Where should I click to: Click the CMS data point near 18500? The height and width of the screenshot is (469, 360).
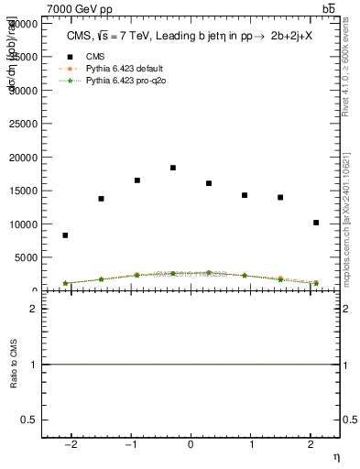(x=172, y=168)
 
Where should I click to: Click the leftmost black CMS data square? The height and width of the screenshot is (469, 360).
(x=65, y=235)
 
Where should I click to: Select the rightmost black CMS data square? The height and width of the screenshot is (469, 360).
(x=316, y=223)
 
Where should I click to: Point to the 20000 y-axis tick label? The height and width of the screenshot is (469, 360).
(x=24, y=158)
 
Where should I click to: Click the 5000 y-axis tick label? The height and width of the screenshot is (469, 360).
(x=27, y=257)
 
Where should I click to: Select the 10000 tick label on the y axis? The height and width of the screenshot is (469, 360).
(x=24, y=224)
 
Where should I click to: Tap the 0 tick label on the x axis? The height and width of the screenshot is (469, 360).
(x=191, y=445)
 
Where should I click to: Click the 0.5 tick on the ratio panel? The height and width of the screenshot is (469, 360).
(x=28, y=420)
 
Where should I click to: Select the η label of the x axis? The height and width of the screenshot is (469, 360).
(x=335, y=456)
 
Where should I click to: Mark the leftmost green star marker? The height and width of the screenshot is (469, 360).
(x=65, y=283)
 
